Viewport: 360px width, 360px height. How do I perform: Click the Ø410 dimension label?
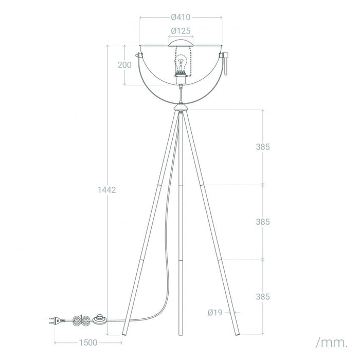pos(181,17)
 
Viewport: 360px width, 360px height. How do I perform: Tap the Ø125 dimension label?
pos(181,31)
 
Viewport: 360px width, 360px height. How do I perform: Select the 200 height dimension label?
pos(124,65)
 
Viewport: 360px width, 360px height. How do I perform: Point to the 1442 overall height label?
pos(107,190)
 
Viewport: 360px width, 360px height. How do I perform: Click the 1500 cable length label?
pos(88,343)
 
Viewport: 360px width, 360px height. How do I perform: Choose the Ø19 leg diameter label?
pos(215,313)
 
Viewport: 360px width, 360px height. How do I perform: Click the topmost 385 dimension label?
pos(263,147)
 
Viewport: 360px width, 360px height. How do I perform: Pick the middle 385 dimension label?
pos(263,222)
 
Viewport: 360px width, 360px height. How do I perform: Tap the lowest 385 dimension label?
pos(263,297)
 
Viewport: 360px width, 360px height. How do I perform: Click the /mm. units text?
pos(332,343)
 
